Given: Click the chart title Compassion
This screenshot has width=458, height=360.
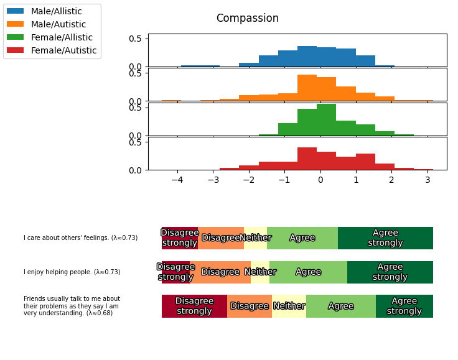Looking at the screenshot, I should (x=247, y=19).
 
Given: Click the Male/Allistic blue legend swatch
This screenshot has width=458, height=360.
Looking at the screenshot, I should (x=16, y=11).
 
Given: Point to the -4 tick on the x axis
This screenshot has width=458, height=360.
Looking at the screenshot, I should (x=177, y=180).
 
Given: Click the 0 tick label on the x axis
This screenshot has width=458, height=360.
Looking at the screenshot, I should (x=320, y=180).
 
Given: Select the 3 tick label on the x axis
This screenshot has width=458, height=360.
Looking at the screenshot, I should (x=428, y=180).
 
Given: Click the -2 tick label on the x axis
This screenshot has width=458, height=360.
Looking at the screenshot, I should (x=249, y=180).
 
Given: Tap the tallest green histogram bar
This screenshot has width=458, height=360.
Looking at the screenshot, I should (x=326, y=119).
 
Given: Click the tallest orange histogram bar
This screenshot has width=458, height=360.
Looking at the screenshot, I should (x=307, y=88).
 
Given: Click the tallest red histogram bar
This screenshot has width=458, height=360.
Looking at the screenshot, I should (x=307, y=159).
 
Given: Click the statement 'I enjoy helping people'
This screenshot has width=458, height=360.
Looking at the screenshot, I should (x=72, y=272).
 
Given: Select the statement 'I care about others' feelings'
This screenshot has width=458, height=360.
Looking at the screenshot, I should (x=80, y=238).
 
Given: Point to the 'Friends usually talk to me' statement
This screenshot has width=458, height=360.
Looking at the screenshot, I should (x=72, y=306).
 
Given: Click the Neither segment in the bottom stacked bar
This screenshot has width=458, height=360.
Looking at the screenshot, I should (x=289, y=306).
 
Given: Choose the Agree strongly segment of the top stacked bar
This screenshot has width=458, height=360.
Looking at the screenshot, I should (x=385, y=238).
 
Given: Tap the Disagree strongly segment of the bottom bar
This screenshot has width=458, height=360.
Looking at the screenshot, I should (x=194, y=306).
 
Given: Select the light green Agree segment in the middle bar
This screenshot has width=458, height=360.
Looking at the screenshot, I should (x=308, y=272).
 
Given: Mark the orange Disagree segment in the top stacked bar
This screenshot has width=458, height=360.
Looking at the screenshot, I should (x=221, y=238).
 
